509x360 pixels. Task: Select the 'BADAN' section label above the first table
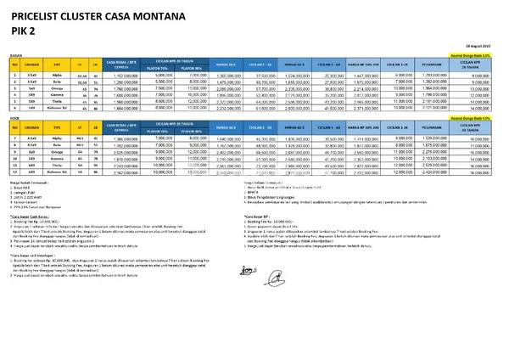[x=16, y=53]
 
